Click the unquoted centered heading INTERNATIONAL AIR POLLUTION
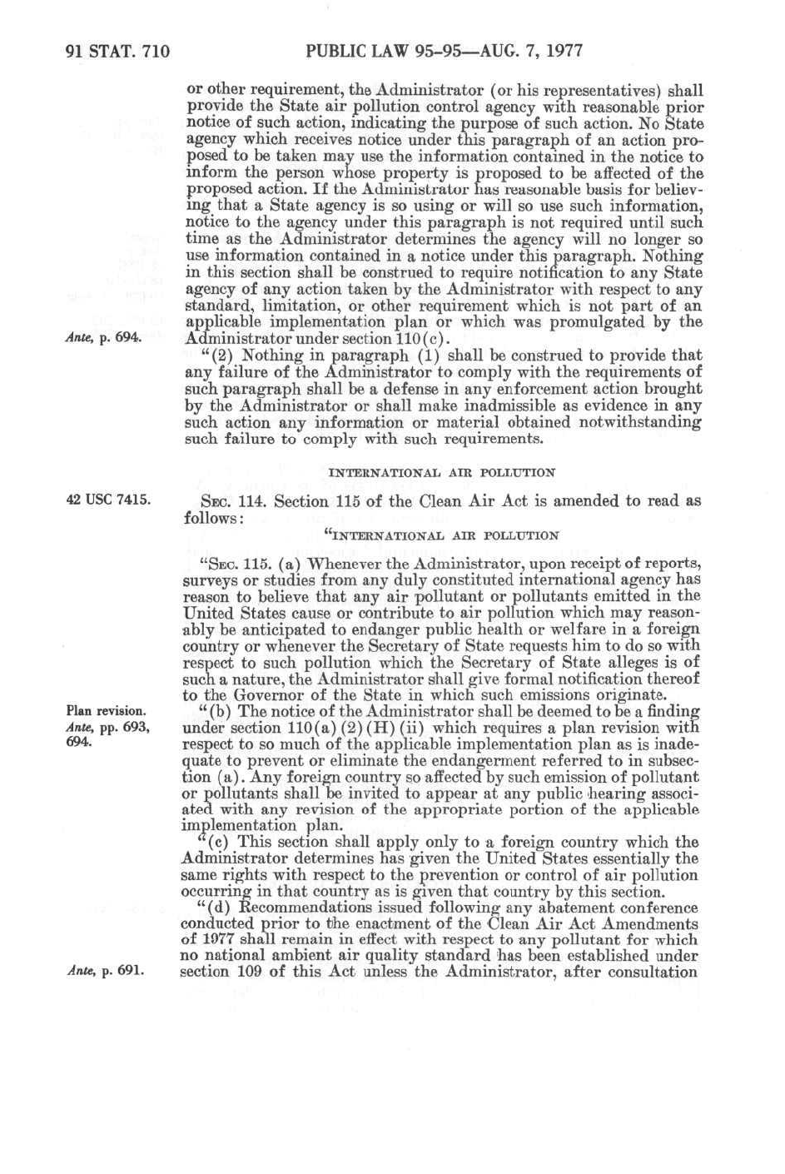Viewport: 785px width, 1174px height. (442, 472)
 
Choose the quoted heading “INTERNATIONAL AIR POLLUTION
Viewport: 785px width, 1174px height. (440, 535)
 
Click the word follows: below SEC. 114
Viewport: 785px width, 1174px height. (212, 518)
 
